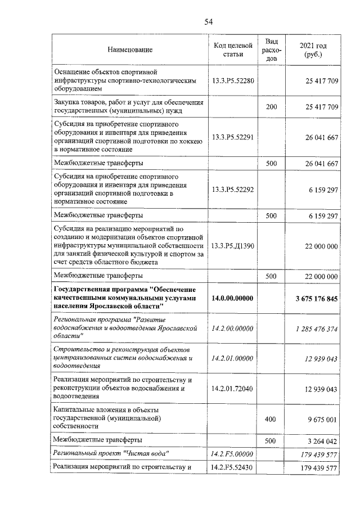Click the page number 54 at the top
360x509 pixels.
(x=208, y=22)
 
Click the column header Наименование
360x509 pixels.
(x=130, y=50)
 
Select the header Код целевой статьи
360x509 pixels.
(x=232, y=49)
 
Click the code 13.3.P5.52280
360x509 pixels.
(x=232, y=81)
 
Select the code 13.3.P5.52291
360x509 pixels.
(x=232, y=137)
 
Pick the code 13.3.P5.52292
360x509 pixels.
(x=232, y=190)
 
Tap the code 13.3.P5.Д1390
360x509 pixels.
(x=232, y=246)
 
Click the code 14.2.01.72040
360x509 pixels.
(x=232, y=389)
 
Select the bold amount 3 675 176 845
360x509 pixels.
(x=316, y=298)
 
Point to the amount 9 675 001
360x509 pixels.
(x=322, y=419)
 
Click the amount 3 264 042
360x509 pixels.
(x=322, y=440)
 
